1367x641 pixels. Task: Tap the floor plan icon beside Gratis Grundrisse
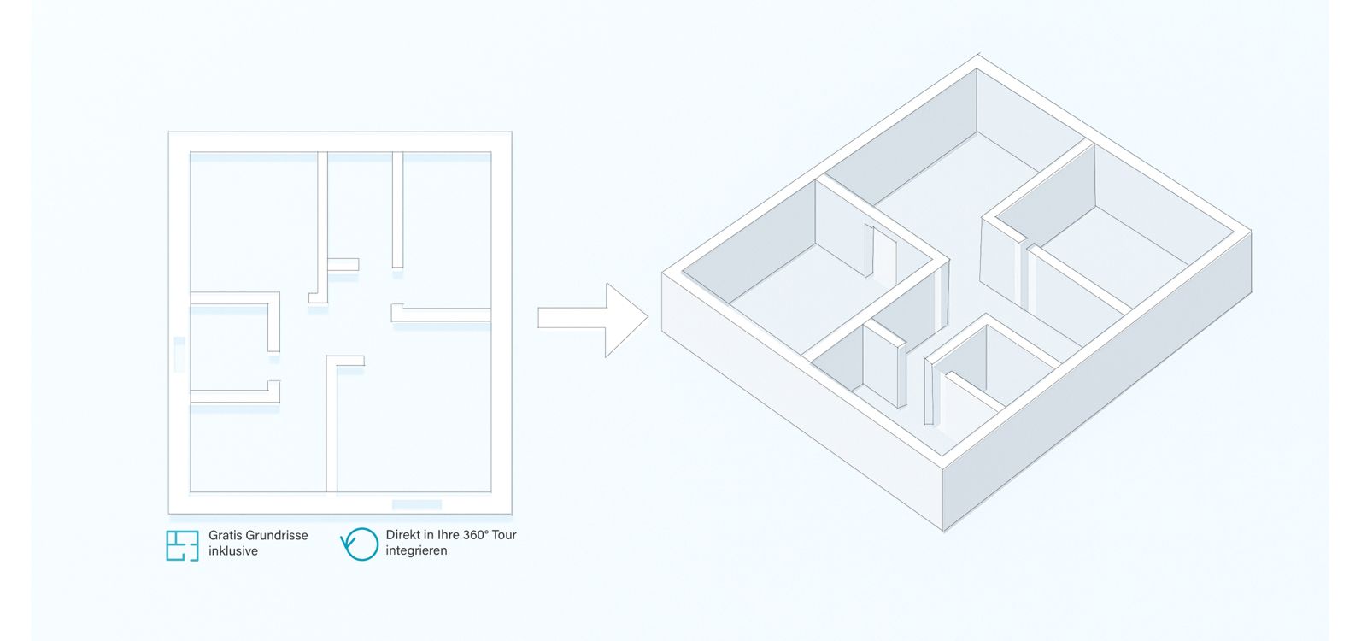click(182, 545)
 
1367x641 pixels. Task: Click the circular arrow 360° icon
click(360, 544)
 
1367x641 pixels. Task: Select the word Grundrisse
click(278, 535)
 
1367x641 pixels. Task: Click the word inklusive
click(233, 551)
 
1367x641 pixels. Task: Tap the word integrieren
click(416, 551)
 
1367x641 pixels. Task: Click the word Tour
click(504, 535)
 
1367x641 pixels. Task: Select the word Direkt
click(402, 535)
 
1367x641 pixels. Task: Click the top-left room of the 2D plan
click(253, 222)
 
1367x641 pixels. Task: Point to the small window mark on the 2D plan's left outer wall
click(179, 353)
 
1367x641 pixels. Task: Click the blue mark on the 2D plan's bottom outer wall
click(417, 504)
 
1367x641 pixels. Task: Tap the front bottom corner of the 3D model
click(944, 529)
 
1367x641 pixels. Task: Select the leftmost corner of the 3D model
click(663, 273)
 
